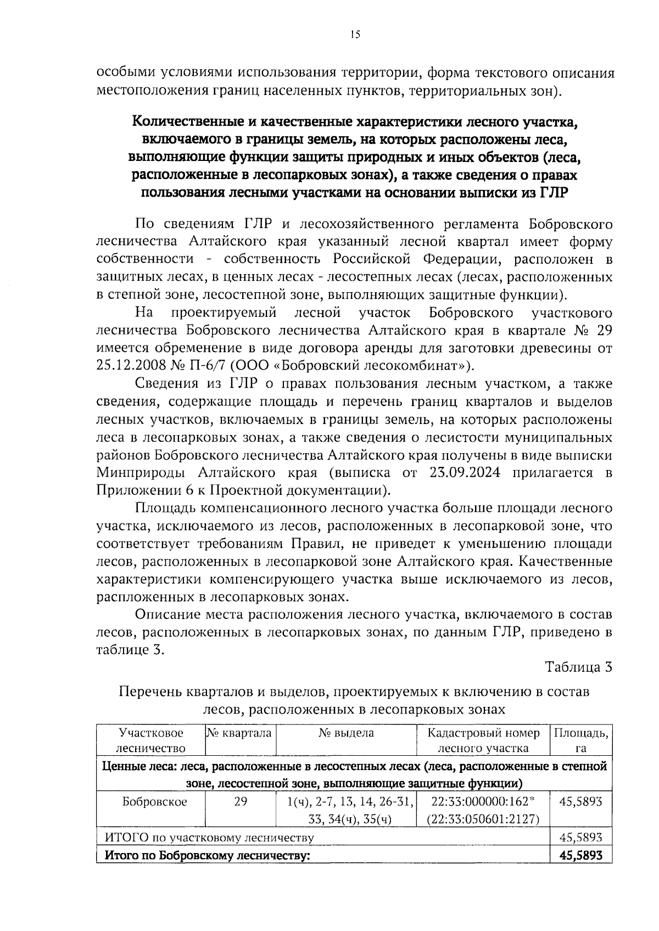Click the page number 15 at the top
click(x=354, y=35)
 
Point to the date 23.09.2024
click(x=459, y=473)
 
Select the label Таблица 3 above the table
click(x=578, y=667)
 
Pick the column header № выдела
click(x=346, y=733)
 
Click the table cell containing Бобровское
click(x=154, y=801)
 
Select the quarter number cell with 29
click(x=241, y=801)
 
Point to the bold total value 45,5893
click(x=581, y=855)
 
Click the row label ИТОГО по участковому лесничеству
click(x=209, y=838)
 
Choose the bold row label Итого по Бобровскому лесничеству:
click(x=208, y=855)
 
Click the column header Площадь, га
click(x=581, y=740)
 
